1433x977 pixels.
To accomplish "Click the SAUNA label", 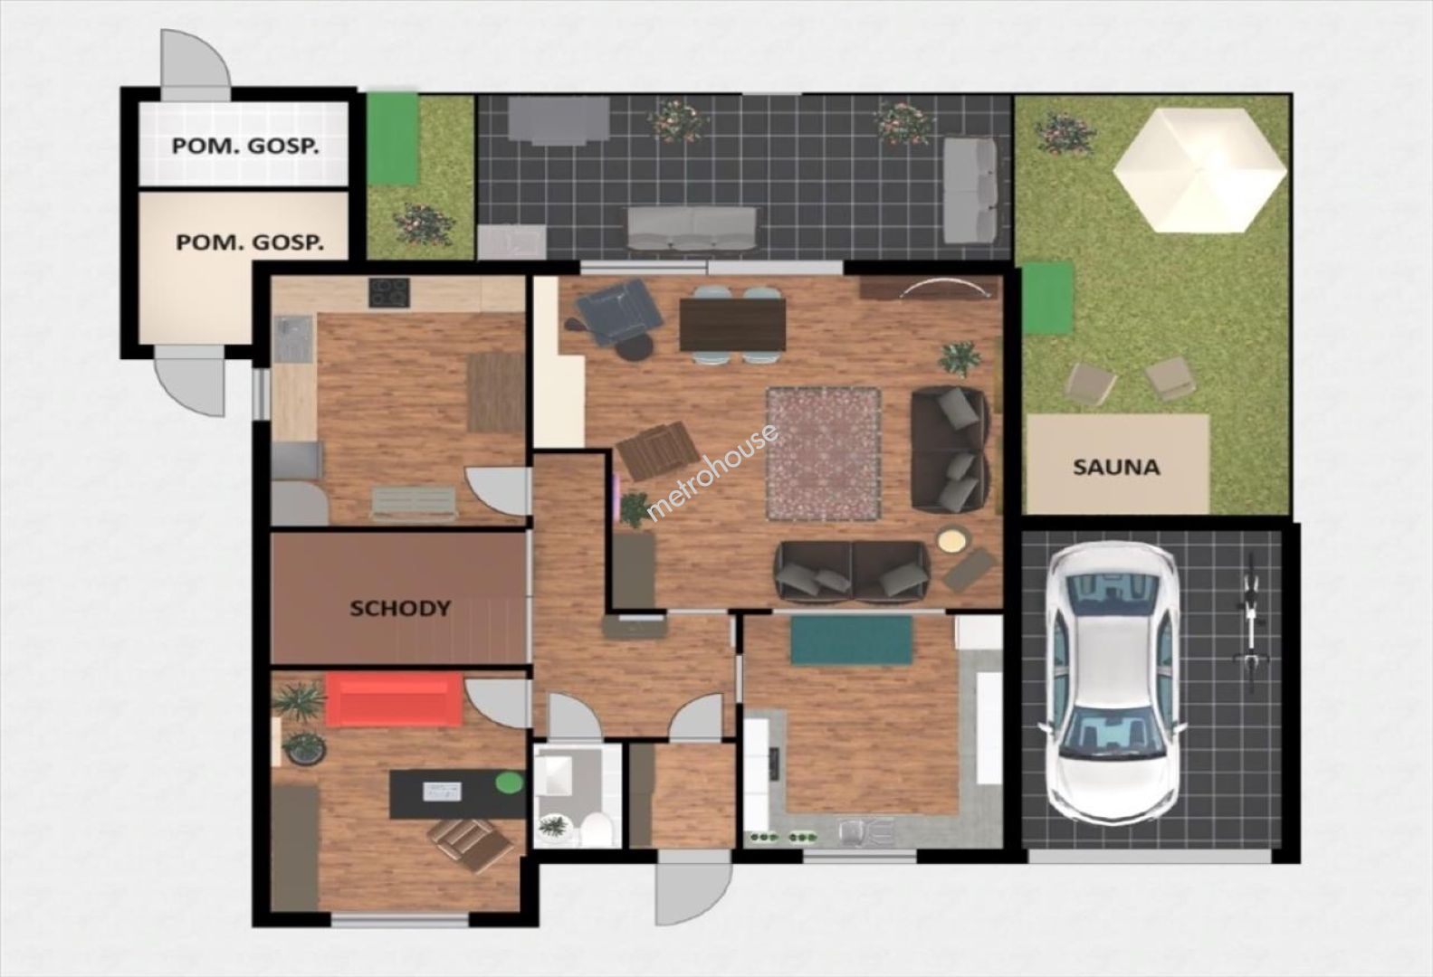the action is (x=1115, y=468).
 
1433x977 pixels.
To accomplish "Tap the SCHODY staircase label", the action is (x=400, y=608).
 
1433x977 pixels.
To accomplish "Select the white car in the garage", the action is (x=1113, y=683).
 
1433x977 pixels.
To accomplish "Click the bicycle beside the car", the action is (x=1251, y=623).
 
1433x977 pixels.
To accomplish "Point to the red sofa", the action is (x=394, y=699).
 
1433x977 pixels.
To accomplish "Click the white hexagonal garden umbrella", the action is (x=1199, y=169).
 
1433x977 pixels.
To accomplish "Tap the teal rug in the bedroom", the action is (x=852, y=640).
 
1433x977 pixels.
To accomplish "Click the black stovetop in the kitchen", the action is (x=389, y=292).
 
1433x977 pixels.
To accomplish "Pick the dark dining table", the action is (x=732, y=325).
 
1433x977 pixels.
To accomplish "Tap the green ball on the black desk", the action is (x=509, y=783).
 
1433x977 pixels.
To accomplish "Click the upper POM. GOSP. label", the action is (x=245, y=147).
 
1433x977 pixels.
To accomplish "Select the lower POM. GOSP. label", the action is (x=250, y=243).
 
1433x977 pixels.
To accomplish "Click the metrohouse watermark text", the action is (x=712, y=472).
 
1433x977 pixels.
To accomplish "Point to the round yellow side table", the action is (x=952, y=539).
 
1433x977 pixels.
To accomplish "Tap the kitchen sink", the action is (x=293, y=338).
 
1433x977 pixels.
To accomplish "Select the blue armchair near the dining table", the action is (x=618, y=311).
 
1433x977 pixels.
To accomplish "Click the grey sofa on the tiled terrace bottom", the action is (x=691, y=228).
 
